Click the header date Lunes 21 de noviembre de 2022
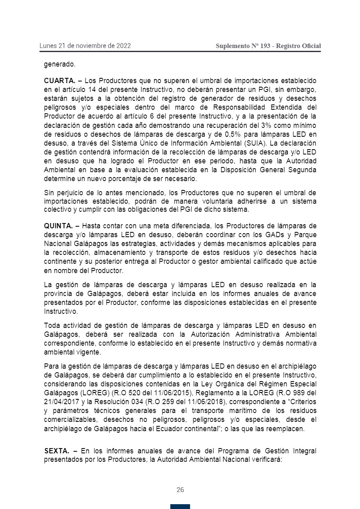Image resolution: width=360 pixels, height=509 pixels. click(x=85, y=46)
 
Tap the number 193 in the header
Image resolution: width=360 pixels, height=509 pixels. click(x=265, y=46)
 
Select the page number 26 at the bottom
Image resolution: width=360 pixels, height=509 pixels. click(x=180, y=490)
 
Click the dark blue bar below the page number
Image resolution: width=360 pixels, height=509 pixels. click(x=180, y=507)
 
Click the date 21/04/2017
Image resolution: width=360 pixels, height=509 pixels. click(x=61, y=402)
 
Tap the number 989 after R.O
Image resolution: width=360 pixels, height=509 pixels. click(x=299, y=393)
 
